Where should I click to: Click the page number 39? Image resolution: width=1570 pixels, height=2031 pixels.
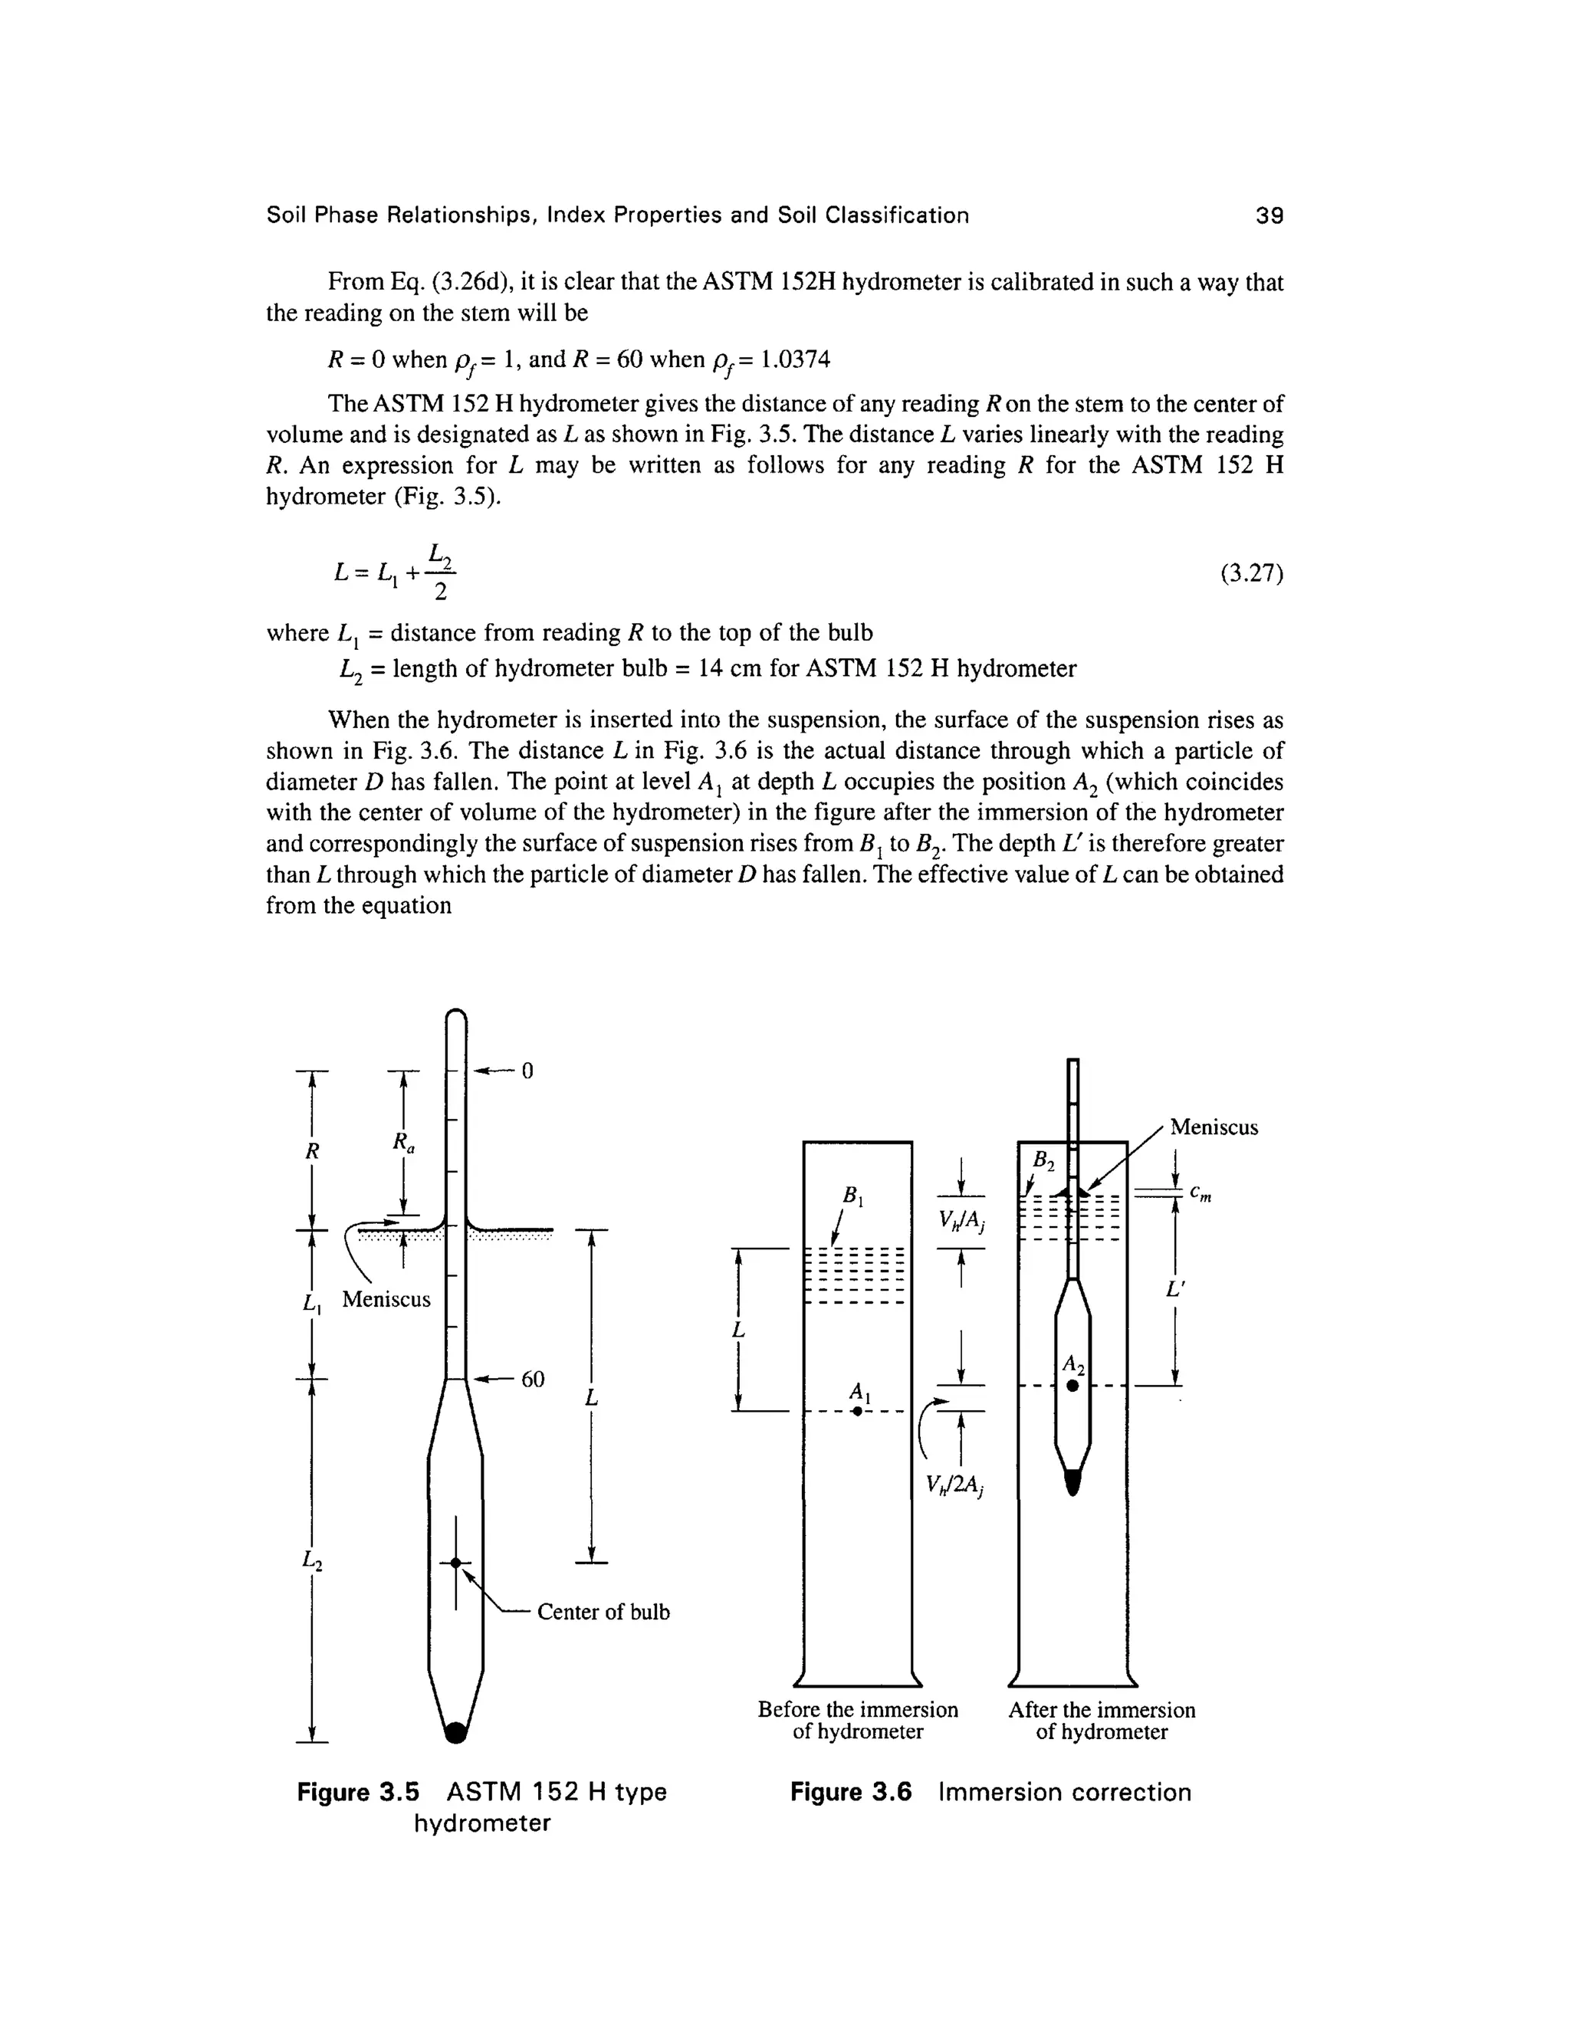point(1269,216)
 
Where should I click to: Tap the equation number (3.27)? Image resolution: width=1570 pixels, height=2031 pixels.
point(1251,574)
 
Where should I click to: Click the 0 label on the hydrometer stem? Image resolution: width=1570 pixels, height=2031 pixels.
point(527,1071)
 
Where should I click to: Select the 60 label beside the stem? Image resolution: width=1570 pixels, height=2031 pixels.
point(532,1378)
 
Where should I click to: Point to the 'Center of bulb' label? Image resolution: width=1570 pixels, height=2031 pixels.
point(603,1612)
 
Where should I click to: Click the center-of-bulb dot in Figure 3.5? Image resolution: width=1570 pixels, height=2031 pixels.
point(455,1563)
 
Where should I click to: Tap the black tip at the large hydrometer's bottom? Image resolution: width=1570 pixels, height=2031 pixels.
point(455,1731)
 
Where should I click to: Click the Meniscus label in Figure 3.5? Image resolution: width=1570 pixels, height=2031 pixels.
point(386,1299)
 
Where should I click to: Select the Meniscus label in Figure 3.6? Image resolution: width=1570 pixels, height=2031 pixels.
point(1213,1127)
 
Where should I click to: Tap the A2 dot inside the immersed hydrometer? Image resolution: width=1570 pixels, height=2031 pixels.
point(1072,1386)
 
